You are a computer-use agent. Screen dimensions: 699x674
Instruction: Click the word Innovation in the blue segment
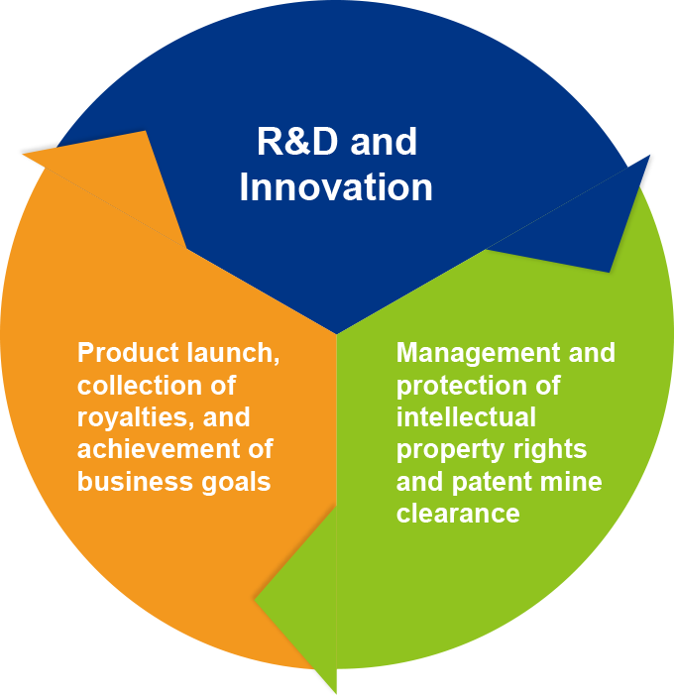[336, 187]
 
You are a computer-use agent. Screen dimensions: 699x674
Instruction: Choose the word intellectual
[465, 416]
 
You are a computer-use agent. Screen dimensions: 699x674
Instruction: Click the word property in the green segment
[443, 448]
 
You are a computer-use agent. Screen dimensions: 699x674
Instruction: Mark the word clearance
[458, 513]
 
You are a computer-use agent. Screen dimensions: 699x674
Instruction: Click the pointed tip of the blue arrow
[649, 156]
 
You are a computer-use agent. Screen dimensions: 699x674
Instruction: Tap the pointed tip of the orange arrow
[24, 155]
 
